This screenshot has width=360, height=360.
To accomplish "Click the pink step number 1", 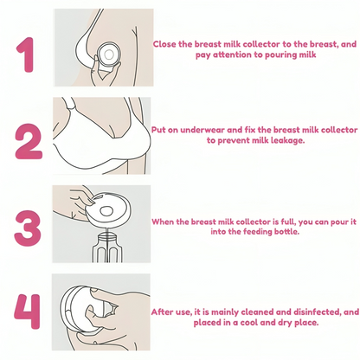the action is coord(27,55).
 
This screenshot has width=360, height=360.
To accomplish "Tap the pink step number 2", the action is coord(29,141).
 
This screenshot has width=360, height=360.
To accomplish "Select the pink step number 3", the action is coord(28,228).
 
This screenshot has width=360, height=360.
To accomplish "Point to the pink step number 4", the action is coord(27,312).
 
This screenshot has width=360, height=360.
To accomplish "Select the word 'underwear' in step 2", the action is coord(202,130).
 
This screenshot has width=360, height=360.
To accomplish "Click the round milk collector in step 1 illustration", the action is coord(108,55).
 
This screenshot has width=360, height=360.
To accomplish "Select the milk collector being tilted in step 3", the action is coord(109,209).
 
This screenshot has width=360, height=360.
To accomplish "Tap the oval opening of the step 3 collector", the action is coord(106,211).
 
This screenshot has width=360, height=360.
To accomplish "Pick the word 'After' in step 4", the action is coord(162,312).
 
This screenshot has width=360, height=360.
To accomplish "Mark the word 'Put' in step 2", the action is coord(158,130).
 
